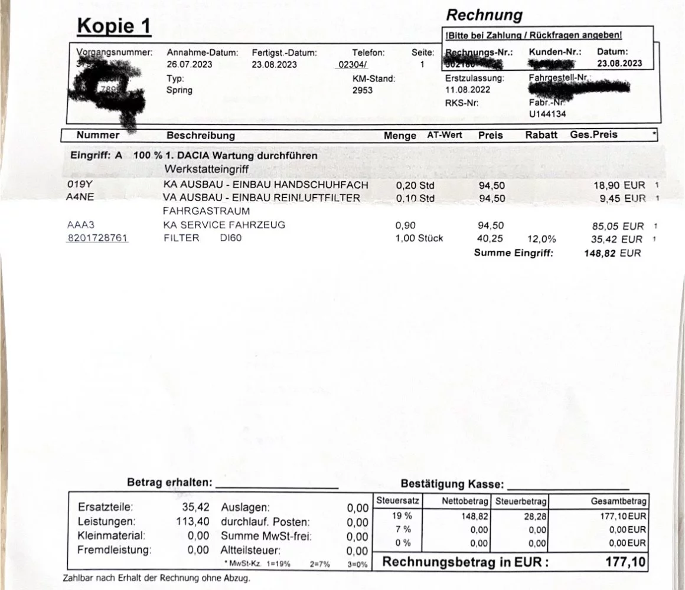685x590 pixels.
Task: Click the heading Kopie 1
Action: point(113,26)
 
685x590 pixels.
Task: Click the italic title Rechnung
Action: point(484,15)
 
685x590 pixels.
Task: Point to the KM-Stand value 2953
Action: point(363,90)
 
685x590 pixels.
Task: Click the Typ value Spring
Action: point(180,90)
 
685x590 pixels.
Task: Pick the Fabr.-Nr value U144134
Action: point(547,114)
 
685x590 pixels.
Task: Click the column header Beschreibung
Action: point(201,135)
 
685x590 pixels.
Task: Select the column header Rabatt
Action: point(541,135)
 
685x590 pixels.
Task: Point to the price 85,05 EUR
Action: point(614,226)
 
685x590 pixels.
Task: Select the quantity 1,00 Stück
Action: point(419,238)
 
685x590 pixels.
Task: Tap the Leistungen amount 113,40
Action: point(193,522)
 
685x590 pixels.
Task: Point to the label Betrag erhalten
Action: point(169,483)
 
